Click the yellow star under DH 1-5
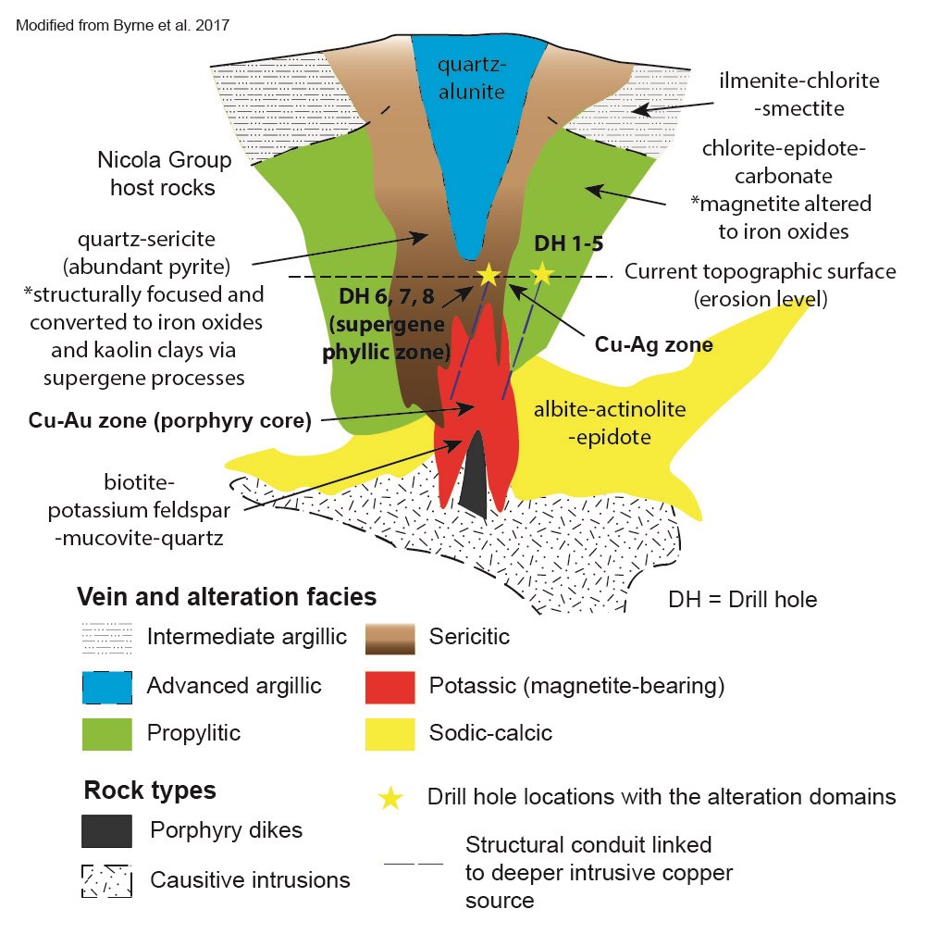(540, 273)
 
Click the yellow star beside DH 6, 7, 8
(488, 274)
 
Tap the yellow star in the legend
(390, 798)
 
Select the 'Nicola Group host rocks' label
(164, 174)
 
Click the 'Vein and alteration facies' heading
(227, 596)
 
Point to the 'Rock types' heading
(150, 791)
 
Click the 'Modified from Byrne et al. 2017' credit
(123, 25)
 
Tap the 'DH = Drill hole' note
(742, 599)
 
